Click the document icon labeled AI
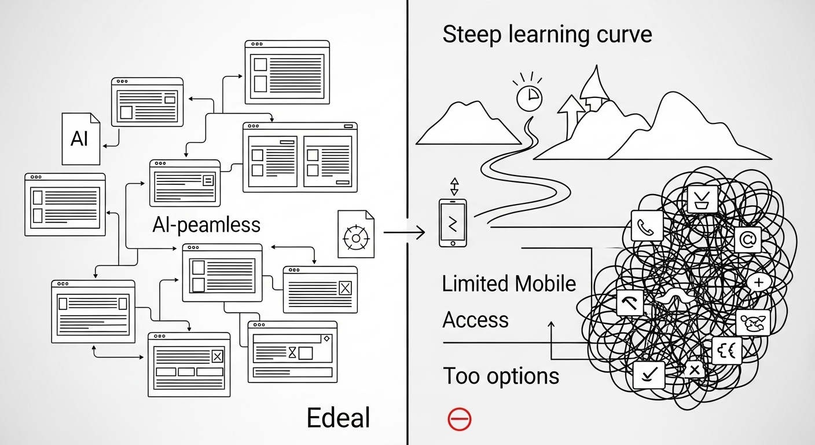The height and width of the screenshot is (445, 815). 81,138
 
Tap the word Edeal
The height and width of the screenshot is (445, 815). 339,418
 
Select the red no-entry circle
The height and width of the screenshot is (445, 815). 459,419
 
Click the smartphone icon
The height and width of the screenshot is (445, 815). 453,223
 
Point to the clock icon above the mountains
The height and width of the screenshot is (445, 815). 530,97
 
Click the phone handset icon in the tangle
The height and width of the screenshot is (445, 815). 647,226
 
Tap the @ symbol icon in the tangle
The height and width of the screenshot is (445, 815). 748,240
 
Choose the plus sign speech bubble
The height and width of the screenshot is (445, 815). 759,282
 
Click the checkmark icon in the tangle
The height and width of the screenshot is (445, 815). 649,375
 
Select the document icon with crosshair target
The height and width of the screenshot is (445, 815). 356,234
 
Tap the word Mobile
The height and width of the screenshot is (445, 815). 545,284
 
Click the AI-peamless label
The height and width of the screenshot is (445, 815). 206,225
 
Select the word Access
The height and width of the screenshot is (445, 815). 476,320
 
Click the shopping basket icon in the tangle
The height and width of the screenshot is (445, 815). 703,199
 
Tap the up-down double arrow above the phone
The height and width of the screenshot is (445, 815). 454,187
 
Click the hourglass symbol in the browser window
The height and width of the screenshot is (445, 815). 292,352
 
